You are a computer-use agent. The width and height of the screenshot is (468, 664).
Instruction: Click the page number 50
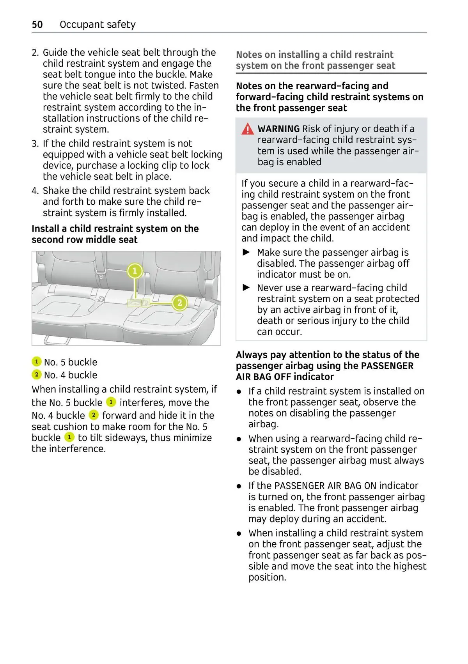pos(37,25)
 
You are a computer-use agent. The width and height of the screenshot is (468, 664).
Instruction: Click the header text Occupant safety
pos(97,25)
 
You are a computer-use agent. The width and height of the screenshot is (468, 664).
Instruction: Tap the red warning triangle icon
pos(247,129)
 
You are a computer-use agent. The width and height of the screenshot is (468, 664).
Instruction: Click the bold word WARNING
pos(278,129)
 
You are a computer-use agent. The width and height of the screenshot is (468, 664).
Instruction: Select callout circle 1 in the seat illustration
pos(135,271)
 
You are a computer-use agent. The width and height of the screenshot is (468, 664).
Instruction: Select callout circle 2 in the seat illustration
pos(179,303)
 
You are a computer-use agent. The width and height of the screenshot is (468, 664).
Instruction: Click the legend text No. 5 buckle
pos(70,362)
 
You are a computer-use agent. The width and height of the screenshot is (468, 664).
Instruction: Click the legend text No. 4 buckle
pos(70,375)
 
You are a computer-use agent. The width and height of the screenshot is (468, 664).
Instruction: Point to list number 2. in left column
pos(35,53)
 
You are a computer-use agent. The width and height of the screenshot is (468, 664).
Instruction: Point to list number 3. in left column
pos(35,143)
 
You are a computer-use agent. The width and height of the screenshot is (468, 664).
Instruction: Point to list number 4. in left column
pos(35,191)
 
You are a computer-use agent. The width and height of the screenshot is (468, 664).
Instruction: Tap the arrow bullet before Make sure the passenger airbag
pos(246,252)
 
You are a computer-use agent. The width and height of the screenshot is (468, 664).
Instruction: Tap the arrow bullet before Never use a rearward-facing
pos(246,288)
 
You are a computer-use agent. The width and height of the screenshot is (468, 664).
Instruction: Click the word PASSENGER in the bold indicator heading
pos(387,366)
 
